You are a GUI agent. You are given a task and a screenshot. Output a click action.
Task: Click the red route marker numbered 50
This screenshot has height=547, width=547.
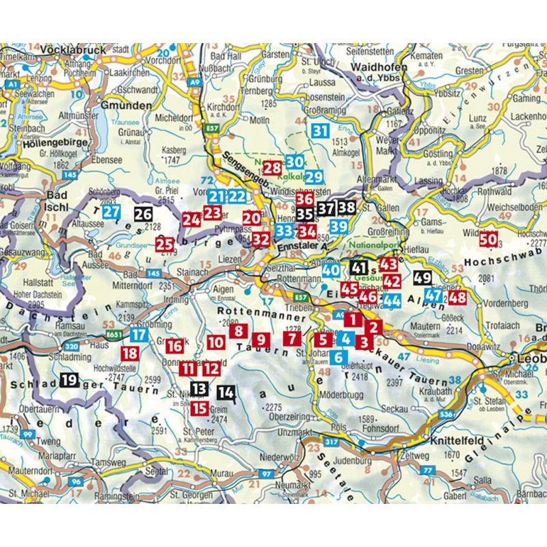pyautogui.click(x=488, y=240)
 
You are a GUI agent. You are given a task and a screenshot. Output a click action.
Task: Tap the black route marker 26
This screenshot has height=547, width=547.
pyautogui.click(x=143, y=214)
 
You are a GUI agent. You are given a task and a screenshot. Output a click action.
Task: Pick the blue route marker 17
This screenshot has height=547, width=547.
pyautogui.click(x=139, y=335)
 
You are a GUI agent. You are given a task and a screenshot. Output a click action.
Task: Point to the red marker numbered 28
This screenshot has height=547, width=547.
pyautogui.click(x=272, y=167)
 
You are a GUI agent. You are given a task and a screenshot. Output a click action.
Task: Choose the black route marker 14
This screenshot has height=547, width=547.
pyautogui.click(x=226, y=392)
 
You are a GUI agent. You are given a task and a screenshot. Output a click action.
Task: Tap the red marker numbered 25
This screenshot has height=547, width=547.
pyautogui.click(x=164, y=244)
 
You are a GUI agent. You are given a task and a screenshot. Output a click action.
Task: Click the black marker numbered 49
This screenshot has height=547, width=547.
pyautogui.click(x=423, y=278)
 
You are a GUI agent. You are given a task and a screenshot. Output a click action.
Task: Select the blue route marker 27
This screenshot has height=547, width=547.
pyautogui.click(x=111, y=212)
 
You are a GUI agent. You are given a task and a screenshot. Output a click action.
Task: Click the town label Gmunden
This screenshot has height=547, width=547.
pyautogui.click(x=126, y=106)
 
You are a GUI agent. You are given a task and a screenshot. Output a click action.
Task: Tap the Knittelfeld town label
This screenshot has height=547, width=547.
pyautogui.click(x=459, y=442)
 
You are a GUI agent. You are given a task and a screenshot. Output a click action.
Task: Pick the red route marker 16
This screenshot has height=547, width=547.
pyautogui.click(x=174, y=346)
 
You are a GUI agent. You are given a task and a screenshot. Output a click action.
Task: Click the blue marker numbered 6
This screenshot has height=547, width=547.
pyautogui.click(x=338, y=356)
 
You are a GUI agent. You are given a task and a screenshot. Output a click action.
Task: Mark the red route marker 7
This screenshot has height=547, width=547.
pyautogui.click(x=292, y=337)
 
